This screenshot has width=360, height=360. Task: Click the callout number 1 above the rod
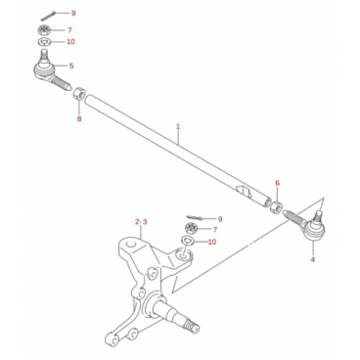pos(178,126)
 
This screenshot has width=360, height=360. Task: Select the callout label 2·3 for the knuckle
pos(141,222)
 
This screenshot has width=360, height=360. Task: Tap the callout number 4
pos(313,259)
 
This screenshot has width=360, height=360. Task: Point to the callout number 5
pos(71,66)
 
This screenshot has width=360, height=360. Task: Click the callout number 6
pos(277,183)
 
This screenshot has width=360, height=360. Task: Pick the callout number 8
pos(79,118)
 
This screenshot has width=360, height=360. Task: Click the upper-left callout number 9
pos(73,13)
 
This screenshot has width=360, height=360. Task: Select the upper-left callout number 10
pos(70,42)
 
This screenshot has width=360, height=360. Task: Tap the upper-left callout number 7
pos(69,30)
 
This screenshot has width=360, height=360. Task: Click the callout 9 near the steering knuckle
pos(220,219)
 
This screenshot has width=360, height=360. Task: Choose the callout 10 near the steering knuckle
pos(212,242)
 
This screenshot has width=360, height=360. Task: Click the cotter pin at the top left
pos(48,16)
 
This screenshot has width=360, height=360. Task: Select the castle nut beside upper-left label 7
pos(43,30)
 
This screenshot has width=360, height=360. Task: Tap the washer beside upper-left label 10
pos(43,42)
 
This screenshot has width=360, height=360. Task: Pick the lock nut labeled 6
pos(277,206)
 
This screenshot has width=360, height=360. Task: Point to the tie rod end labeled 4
pos(305,226)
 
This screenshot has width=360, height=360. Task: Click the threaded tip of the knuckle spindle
pos(192,325)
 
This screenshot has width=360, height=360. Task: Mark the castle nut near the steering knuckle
pos(191,228)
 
